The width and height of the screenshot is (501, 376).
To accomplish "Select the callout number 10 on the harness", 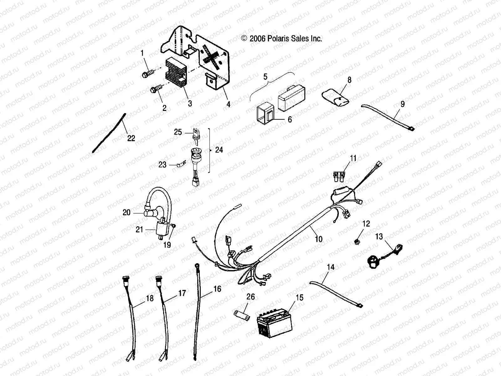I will [318, 239].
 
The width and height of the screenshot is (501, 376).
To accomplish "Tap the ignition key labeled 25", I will [197, 134].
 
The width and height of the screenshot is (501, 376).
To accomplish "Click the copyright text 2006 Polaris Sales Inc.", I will [281, 39].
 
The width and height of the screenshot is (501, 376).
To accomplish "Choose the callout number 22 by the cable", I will [131, 138].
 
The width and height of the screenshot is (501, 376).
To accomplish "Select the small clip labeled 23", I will [181, 164].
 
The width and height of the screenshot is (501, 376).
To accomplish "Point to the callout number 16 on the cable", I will [217, 289].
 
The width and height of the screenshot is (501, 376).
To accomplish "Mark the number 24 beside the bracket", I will [219, 150].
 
